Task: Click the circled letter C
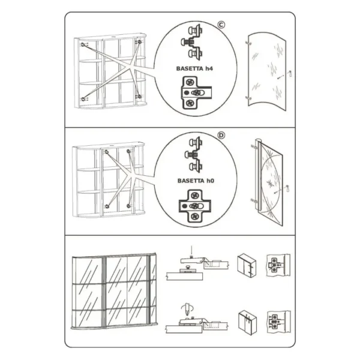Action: [221, 25]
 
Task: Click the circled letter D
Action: [221, 136]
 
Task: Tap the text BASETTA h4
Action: [194, 68]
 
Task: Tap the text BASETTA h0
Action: [196, 181]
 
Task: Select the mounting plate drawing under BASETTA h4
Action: [196, 92]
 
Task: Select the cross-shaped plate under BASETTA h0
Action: [194, 206]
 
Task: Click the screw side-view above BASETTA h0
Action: [194, 155]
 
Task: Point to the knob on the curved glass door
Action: [290, 73]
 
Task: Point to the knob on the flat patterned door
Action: [287, 188]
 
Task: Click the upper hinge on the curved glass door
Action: [247, 43]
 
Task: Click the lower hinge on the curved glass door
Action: [247, 98]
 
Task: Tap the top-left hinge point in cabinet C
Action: [83, 44]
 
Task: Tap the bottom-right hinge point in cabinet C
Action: [139, 97]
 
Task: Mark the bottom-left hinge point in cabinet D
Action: [107, 206]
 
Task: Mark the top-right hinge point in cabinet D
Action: [128, 151]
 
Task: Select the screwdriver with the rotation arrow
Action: [187, 309]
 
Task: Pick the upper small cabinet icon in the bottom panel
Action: [247, 266]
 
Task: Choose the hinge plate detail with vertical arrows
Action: [278, 322]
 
